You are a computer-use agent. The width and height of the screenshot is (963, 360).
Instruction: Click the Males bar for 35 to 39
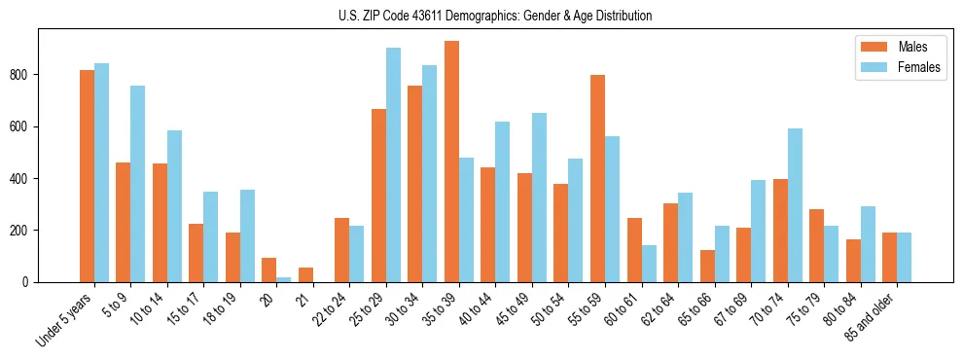(x=451, y=162)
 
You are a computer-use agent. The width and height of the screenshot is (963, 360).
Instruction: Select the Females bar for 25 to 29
(x=393, y=164)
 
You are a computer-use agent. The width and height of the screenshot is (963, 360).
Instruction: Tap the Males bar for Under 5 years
(x=87, y=176)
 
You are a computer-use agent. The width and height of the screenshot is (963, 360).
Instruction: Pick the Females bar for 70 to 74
(x=795, y=205)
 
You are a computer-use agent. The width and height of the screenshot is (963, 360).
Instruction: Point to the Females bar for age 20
(x=284, y=279)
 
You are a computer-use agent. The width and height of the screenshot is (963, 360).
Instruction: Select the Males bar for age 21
(x=305, y=274)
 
